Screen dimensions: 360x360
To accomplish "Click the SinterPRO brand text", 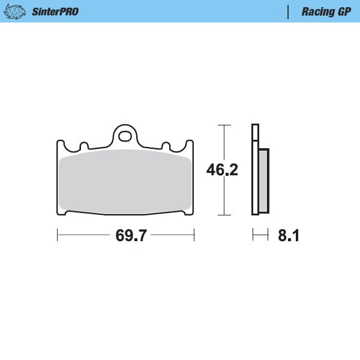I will pos(56,11).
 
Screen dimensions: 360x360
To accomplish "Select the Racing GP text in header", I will pos(326,11).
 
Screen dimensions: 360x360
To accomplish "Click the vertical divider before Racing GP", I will pos(288,11).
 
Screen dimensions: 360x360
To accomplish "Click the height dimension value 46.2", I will pos(222,170).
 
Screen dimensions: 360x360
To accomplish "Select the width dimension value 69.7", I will pos(131,236).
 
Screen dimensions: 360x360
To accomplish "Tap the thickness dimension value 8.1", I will pos(288,236).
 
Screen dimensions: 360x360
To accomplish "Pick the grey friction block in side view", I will pos(263,180).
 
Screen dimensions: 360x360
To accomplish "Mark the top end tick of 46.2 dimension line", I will pos(224,125).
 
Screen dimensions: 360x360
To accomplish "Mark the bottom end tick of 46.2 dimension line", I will pos(224,214).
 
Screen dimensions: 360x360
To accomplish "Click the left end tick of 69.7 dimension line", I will pos(57,235).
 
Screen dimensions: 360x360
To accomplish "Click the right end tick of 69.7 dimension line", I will pos(194,235).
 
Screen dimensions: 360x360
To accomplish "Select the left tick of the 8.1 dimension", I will pos(253,235).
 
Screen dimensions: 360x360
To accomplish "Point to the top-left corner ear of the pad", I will pos(61,144).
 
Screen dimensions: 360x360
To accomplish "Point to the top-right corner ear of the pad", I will pos(190,144).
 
